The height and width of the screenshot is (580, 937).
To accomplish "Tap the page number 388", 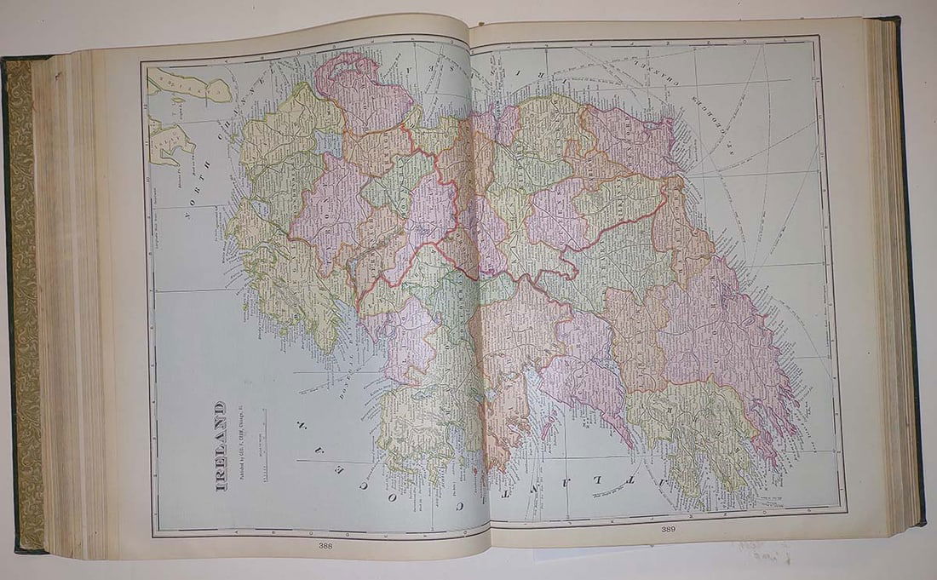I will (x=326, y=545).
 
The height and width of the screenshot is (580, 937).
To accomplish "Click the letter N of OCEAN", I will (x=301, y=423).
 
